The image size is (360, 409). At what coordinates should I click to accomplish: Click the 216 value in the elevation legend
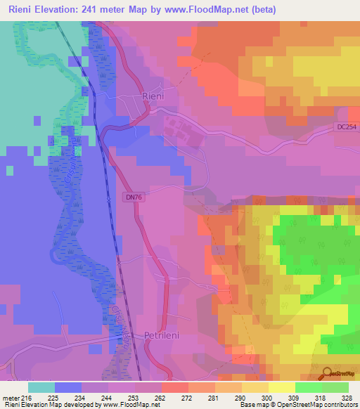pyautogui.click(x=28, y=397)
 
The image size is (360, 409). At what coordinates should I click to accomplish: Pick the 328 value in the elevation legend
pyautogui.click(x=348, y=397)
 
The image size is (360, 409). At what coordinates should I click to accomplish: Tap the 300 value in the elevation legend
pyautogui.click(x=268, y=397)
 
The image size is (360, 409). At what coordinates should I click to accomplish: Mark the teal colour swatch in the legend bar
pyautogui.click(x=41, y=387)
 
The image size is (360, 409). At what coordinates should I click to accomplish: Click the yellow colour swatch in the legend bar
pyautogui.click(x=281, y=387)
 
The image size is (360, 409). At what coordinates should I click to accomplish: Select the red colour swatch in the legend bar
pyautogui.click(x=174, y=387)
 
